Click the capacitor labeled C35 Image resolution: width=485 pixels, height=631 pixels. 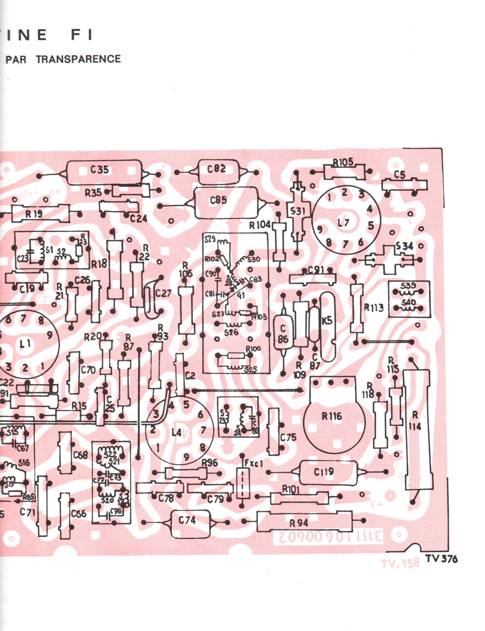pyautogui.click(x=104, y=172)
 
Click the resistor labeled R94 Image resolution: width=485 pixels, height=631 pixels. pyautogui.click(x=303, y=522)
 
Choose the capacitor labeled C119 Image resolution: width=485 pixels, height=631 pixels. pyautogui.click(x=324, y=472)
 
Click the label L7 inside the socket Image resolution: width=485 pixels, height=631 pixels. pyautogui.click(x=343, y=223)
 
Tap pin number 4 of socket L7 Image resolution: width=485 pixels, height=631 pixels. pyautogui.click(x=370, y=209)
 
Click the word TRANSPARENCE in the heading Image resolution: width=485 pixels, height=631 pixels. pyautogui.click(x=78, y=59)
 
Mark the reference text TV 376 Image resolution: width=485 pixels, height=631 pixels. pyautogui.click(x=441, y=559)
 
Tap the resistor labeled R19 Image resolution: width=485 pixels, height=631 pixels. pyautogui.click(x=34, y=214)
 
